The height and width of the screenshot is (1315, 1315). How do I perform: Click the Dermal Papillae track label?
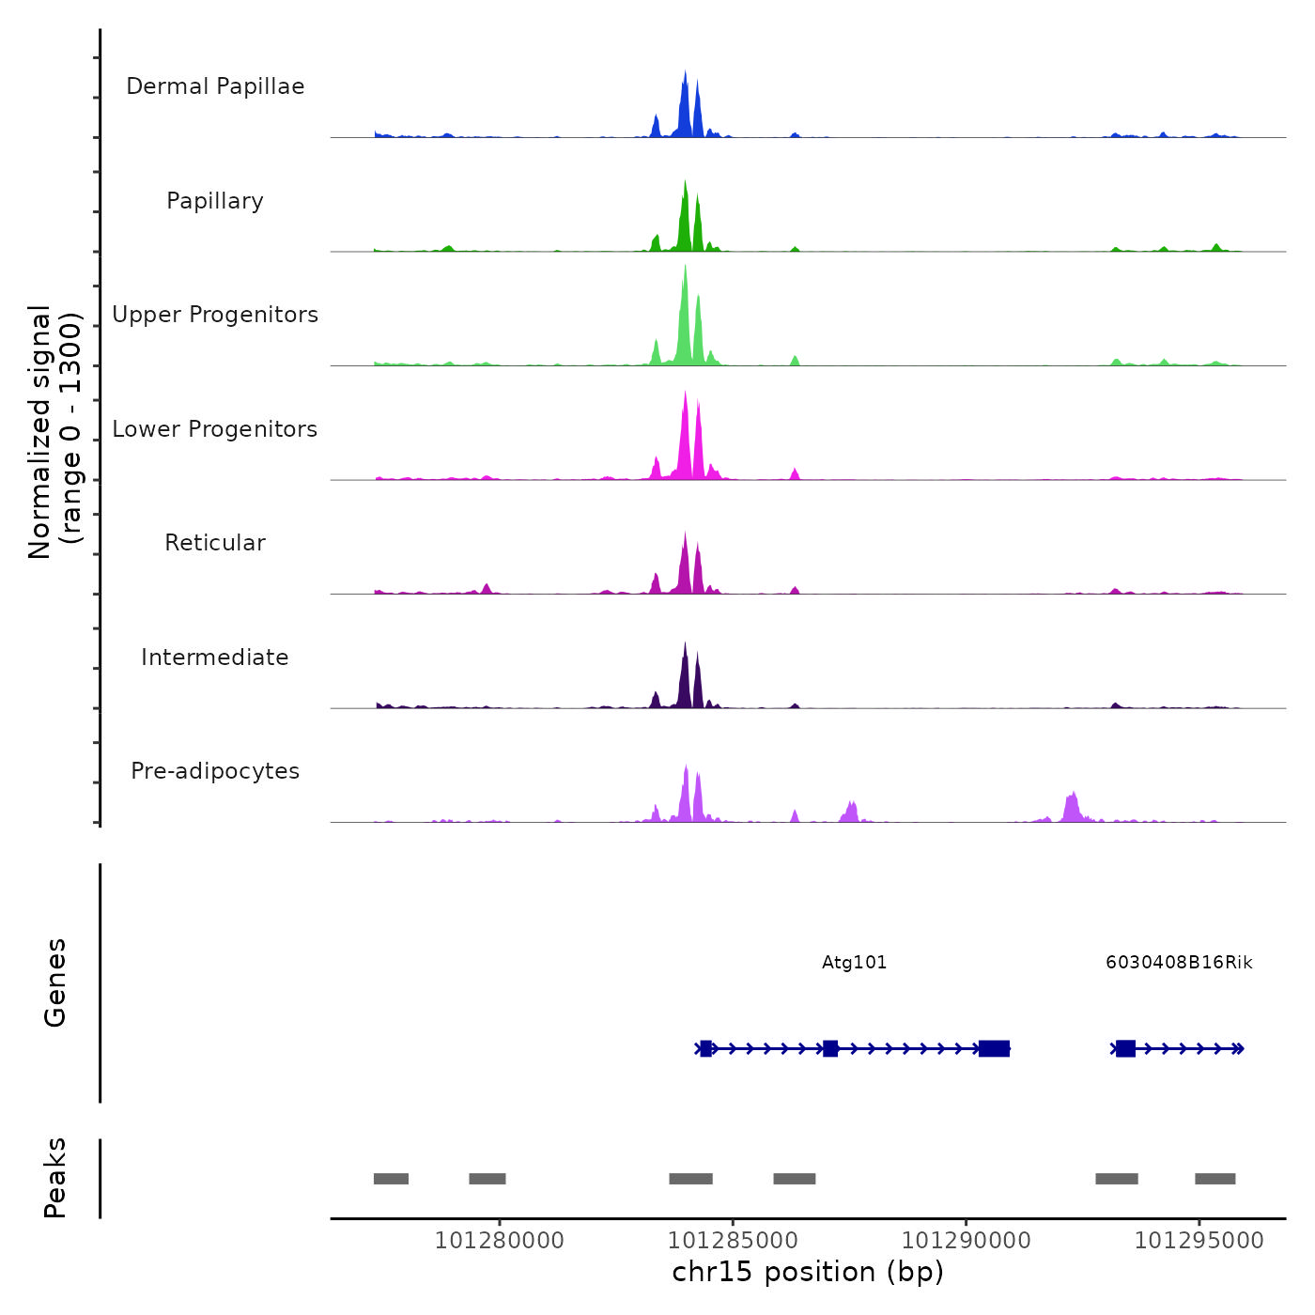click(x=215, y=86)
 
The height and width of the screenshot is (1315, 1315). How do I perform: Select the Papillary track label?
click(x=215, y=201)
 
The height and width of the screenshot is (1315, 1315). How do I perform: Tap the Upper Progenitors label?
click(x=215, y=315)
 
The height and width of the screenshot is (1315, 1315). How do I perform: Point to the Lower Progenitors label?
click(x=215, y=429)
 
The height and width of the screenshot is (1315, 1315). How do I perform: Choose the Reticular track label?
click(x=215, y=543)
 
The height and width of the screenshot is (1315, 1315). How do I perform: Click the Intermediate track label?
click(x=215, y=657)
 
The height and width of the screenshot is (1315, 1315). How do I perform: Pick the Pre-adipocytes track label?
click(x=215, y=771)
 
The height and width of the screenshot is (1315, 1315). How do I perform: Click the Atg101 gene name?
click(x=854, y=963)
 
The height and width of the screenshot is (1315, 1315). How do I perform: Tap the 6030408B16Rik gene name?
click(x=1179, y=963)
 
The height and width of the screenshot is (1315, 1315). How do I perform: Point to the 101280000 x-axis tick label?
click(x=500, y=1241)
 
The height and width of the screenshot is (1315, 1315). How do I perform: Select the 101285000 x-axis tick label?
click(x=733, y=1241)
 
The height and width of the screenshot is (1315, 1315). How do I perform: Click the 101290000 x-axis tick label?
click(x=966, y=1241)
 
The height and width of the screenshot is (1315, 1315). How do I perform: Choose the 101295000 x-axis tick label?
click(x=1199, y=1241)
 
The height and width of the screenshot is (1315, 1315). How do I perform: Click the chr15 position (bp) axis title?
click(x=808, y=1273)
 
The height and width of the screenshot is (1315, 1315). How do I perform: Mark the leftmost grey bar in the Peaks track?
click(x=391, y=1179)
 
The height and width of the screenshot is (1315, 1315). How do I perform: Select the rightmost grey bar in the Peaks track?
click(x=1214, y=1179)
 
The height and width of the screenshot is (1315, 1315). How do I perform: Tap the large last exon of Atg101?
click(x=994, y=1048)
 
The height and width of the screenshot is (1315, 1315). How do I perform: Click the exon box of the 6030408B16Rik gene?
click(x=1125, y=1048)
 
